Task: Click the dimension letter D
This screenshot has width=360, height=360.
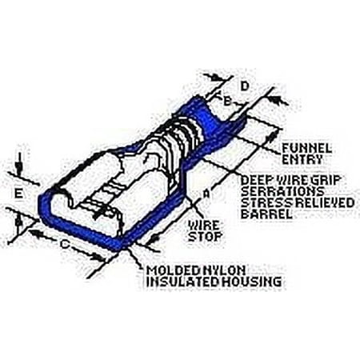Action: click(x=245, y=86)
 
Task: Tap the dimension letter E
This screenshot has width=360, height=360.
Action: click(x=18, y=194)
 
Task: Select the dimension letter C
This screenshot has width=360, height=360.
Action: click(x=65, y=244)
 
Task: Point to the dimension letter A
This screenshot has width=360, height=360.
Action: click(x=206, y=194)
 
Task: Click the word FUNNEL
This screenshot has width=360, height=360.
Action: click(x=306, y=149)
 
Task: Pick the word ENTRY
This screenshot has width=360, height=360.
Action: click(x=302, y=159)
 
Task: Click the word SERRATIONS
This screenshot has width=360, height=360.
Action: click(x=282, y=191)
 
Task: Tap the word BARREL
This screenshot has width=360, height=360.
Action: click(x=266, y=214)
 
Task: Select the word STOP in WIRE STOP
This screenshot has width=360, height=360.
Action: click(x=205, y=237)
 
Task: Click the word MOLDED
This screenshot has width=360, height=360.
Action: click(x=174, y=270)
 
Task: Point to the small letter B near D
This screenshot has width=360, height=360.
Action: click(x=227, y=101)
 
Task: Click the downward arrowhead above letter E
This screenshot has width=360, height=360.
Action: click(x=18, y=168)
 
